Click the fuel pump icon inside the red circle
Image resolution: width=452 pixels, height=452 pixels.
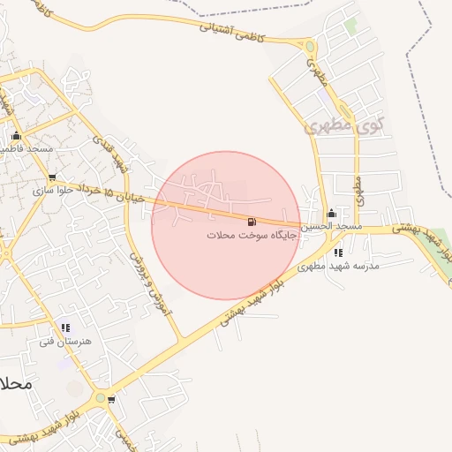(x=252, y=221)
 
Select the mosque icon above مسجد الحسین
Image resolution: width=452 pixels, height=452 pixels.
(x=332, y=213)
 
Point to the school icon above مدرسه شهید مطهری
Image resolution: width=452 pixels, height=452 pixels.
(x=339, y=252)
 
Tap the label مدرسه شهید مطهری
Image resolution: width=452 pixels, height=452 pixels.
(x=338, y=266)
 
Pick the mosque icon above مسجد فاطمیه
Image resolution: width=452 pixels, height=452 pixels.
(x=16, y=136)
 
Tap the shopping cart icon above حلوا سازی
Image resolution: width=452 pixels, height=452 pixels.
(x=53, y=177)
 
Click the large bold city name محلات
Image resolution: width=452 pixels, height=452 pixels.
(x=17, y=385)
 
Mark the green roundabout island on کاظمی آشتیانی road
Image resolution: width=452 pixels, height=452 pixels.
(x=309, y=46)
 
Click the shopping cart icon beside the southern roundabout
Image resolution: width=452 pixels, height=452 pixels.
(x=111, y=399)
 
